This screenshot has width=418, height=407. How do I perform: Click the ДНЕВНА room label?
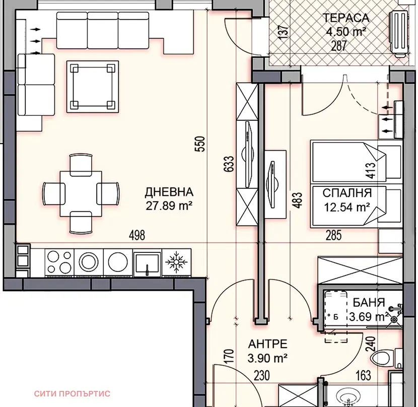click(169, 192)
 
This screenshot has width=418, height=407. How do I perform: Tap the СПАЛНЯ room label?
click(347, 193)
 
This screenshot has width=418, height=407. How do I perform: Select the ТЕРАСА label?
click(346, 18)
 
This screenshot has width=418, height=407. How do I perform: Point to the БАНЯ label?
click(369, 303)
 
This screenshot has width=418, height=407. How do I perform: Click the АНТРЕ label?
click(267, 345)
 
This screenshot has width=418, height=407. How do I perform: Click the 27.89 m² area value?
click(169, 206)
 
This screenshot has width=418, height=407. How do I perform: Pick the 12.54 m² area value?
click(347, 207)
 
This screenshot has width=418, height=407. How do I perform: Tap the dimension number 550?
click(200, 144)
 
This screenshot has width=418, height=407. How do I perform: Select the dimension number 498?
click(137, 235)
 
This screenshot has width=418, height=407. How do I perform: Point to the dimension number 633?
click(230, 164)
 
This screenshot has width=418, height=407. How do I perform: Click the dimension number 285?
click(333, 235)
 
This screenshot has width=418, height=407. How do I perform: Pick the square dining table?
click(81, 193)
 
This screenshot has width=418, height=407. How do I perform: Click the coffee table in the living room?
click(93, 87)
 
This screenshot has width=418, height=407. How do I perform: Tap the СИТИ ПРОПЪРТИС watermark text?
click(72, 394)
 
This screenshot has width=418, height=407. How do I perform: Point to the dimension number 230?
click(261, 376)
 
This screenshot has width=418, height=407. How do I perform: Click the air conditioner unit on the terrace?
click(399, 33)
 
